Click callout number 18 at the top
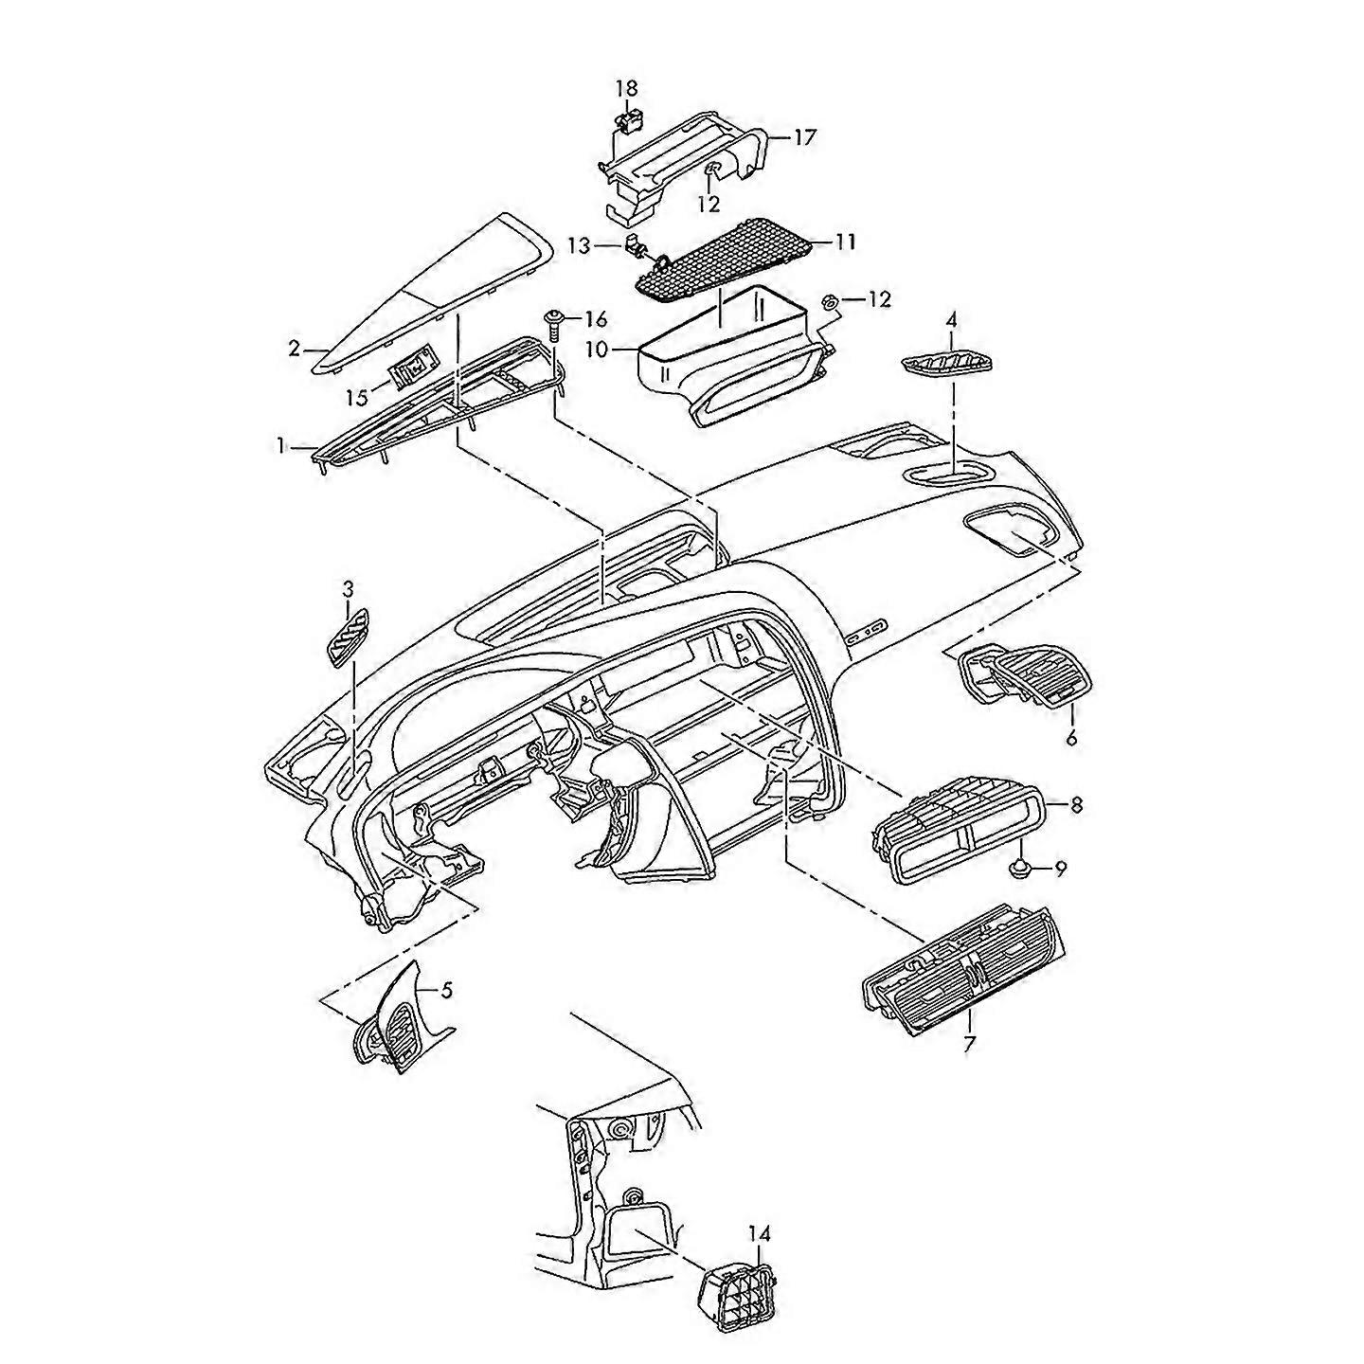click(627, 88)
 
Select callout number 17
click(803, 137)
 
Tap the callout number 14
click(760, 1234)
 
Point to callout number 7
click(969, 1045)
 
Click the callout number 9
click(1060, 868)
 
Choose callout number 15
click(356, 398)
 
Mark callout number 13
click(579, 246)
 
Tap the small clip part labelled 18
click(626, 120)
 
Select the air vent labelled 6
click(1026, 673)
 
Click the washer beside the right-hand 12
click(827, 301)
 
